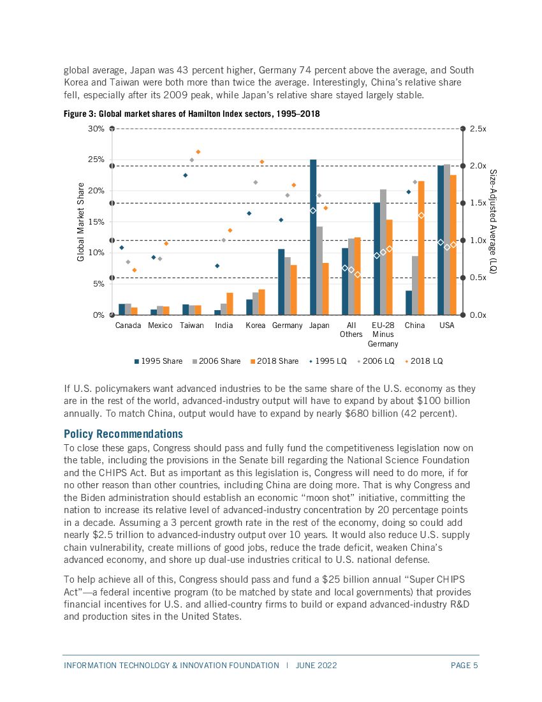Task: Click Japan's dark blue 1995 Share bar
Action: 313,237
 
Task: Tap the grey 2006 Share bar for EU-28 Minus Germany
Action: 383,251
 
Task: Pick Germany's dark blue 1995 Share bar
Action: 281,281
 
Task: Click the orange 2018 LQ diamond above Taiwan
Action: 198,151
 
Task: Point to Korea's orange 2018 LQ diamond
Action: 262,161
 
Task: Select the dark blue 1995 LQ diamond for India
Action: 217,265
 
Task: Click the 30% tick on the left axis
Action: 97,129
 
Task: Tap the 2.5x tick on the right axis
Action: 478,129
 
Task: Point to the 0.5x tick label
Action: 478,278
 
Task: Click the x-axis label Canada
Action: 128,325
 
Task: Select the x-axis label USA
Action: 447,325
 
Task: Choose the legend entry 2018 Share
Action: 274,361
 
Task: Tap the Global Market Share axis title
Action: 81,222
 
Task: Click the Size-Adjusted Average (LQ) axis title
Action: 493,222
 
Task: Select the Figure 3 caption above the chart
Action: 192,114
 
